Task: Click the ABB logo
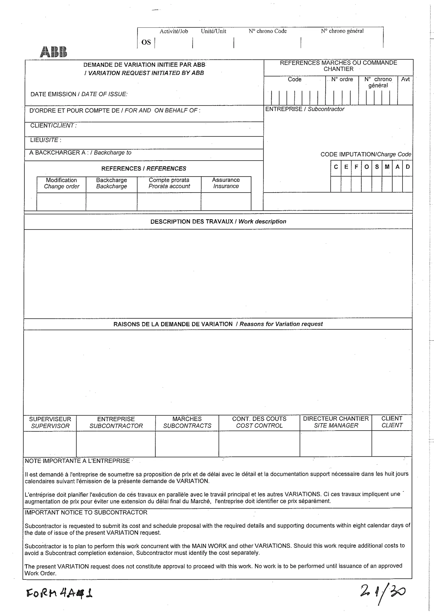(53, 52)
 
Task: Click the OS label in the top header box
(146, 42)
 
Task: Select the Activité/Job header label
(174, 31)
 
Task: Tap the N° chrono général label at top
(342, 31)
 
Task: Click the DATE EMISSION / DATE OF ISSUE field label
(79, 94)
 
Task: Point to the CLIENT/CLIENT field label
(53, 126)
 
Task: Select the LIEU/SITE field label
(45, 140)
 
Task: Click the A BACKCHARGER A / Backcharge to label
(80, 153)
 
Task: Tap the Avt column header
(405, 79)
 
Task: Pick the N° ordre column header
(342, 79)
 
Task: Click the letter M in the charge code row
(387, 167)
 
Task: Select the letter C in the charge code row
(336, 167)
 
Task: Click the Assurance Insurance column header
(226, 183)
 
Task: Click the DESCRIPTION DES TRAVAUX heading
(218, 222)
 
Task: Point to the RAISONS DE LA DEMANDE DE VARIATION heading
(218, 324)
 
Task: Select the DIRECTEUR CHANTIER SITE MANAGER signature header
(336, 422)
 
